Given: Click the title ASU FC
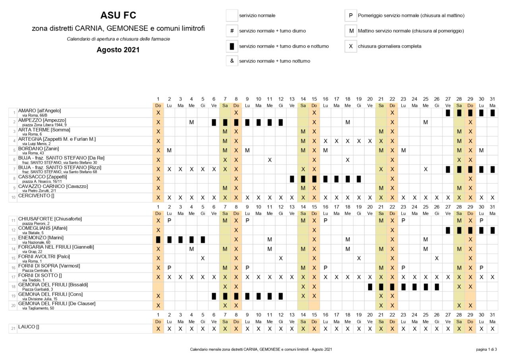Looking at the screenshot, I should pyautogui.click(x=118, y=15).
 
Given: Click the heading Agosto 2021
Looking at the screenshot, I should pyautogui.click(x=118, y=50).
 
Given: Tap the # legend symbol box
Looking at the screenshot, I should pyautogui.click(x=232, y=31).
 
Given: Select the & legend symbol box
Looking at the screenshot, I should pyautogui.click(x=232, y=61).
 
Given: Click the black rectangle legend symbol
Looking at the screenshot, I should pyautogui.click(x=232, y=46).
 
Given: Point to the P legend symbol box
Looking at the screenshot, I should pyautogui.click(x=350, y=15).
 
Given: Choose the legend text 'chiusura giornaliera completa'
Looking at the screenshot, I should pyautogui.click(x=390, y=46).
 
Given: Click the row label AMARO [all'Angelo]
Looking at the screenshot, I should pyautogui.click(x=39, y=110).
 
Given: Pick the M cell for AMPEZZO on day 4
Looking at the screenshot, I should pyautogui.click(x=191, y=122).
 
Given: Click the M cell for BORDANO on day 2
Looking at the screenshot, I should pyautogui.click(x=169, y=150).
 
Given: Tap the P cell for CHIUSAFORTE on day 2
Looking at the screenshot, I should pyautogui.click(x=169, y=221).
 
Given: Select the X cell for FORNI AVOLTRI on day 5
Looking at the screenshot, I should pyautogui.click(x=202, y=258).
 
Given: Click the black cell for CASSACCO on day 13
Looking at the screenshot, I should pyautogui.click(x=292, y=179).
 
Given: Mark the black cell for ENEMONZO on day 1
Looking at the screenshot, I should pyautogui.click(x=158, y=240).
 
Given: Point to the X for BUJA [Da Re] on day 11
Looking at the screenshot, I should pyautogui.click(x=270, y=160).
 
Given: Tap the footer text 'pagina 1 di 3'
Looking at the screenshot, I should pyautogui.click(x=486, y=350).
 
